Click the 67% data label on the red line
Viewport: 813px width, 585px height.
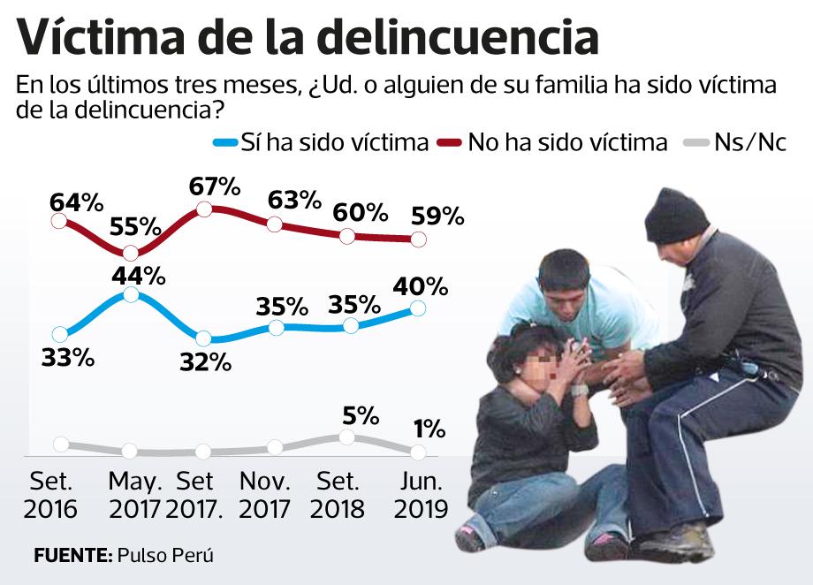pos(216,186)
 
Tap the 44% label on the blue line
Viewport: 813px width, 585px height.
pos(139,275)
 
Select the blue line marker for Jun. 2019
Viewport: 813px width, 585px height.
pos(418,308)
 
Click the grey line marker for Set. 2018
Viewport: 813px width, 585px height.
pos(347,437)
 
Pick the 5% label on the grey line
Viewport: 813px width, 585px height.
pos(361,414)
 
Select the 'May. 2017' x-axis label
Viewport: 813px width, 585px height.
pos(134,495)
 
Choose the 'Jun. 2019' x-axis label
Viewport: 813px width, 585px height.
pos(421,495)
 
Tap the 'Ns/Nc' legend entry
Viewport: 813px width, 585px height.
pos(749,142)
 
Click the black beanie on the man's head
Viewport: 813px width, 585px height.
pos(676,217)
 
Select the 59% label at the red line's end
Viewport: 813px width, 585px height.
pos(437,216)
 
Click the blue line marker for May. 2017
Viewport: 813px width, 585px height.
pos(131,294)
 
